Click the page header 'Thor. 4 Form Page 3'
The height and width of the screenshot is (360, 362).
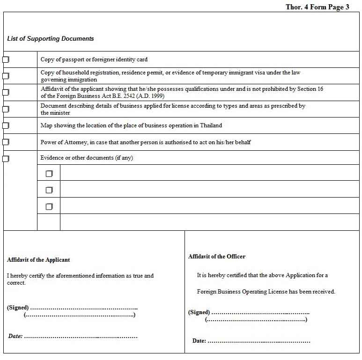317,7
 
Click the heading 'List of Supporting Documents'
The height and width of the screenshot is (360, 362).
51,39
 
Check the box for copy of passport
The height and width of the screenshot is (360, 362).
6,59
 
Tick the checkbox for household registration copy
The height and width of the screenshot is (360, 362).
6,76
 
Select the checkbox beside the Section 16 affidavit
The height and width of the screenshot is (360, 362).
6,92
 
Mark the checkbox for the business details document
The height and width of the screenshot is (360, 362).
6,109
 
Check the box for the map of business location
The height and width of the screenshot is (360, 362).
6,125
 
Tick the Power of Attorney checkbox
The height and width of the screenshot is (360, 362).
6,142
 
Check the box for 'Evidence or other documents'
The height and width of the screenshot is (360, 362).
6,158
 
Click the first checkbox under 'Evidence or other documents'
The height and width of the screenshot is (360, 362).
49,174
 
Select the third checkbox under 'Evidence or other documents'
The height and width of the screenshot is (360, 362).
49,206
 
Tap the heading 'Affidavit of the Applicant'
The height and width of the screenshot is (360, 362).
38,260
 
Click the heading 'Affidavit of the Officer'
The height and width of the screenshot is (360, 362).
217,257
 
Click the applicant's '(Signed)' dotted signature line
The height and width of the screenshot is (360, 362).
84,308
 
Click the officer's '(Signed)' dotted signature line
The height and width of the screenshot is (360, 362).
260,313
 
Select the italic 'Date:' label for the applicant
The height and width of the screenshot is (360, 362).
15,336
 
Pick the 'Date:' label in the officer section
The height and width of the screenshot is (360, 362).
199,341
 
